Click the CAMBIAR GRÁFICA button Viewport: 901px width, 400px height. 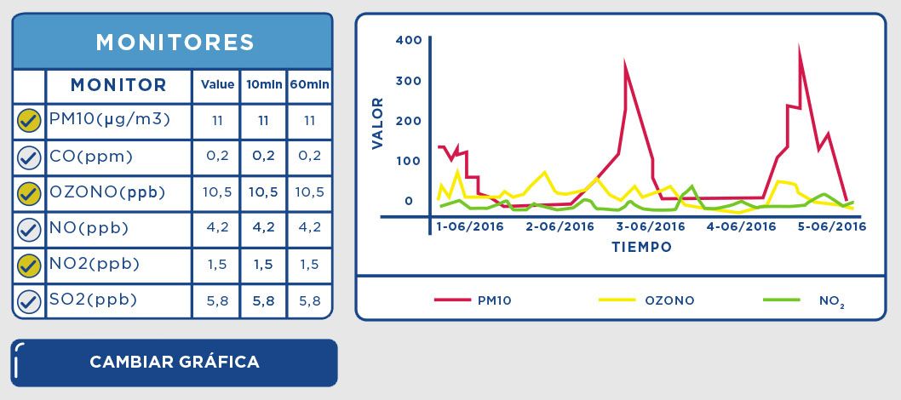click(175, 362)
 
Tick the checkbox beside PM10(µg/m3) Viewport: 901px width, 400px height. click(29, 121)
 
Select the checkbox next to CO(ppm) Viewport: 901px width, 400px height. click(29, 157)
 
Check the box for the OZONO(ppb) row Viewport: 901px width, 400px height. click(29, 193)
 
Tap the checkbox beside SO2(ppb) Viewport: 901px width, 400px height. click(29, 300)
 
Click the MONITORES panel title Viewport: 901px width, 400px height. click(175, 42)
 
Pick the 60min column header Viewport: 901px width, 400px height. click(309, 85)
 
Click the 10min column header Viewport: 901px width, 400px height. click(263, 85)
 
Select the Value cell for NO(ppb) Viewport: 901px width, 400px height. click(217, 228)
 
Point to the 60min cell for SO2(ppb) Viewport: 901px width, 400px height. click(309, 300)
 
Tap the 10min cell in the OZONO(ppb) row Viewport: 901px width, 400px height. click(263, 192)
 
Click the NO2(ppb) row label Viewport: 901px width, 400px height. click(95, 264)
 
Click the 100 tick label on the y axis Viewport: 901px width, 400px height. click(410, 161)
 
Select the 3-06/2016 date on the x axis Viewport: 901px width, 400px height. click(651, 227)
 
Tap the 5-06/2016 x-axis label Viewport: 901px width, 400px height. click(832, 227)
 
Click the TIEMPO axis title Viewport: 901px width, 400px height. click(641, 248)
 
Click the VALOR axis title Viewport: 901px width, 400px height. click(379, 124)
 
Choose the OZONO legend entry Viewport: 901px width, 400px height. click(669, 300)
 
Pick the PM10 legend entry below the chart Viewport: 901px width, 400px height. click(494, 300)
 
